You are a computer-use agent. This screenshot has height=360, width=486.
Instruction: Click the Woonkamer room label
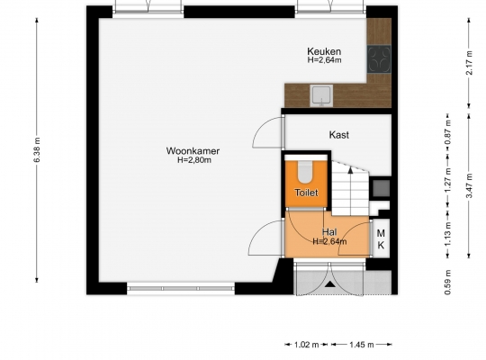[x=193, y=151]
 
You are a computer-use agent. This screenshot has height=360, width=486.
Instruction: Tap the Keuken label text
[x=324, y=51]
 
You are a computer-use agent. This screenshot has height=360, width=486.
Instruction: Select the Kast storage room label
[x=338, y=135]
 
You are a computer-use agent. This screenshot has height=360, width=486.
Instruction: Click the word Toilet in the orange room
[x=306, y=193]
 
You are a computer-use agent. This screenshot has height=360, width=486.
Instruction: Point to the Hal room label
[x=329, y=232]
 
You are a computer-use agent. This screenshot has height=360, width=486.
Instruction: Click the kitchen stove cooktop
[x=379, y=58]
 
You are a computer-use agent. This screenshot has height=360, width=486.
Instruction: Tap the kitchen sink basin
[x=321, y=95]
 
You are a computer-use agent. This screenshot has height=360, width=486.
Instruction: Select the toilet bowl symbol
[x=305, y=172]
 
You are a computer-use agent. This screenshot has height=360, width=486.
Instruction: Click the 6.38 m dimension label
[x=37, y=150]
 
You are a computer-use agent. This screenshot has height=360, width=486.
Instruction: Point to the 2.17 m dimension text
[x=469, y=63]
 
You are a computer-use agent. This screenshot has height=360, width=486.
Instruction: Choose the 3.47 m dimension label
[x=469, y=185]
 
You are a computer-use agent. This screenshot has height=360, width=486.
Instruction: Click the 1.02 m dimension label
[x=306, y=345]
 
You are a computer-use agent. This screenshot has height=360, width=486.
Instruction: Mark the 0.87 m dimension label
[x=447, y=132]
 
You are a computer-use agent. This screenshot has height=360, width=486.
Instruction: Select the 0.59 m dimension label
[x=447, y=283]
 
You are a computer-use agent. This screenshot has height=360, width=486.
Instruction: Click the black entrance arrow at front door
[x=330, y=283]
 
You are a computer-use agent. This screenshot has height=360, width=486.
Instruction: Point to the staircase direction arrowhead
[x=350, y=169]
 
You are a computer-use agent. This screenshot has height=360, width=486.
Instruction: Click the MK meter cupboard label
[x=381, y=239]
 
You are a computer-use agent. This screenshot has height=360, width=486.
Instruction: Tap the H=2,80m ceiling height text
[x=194, y=160]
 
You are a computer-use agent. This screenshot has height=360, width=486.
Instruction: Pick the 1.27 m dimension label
[x=447, y=180]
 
